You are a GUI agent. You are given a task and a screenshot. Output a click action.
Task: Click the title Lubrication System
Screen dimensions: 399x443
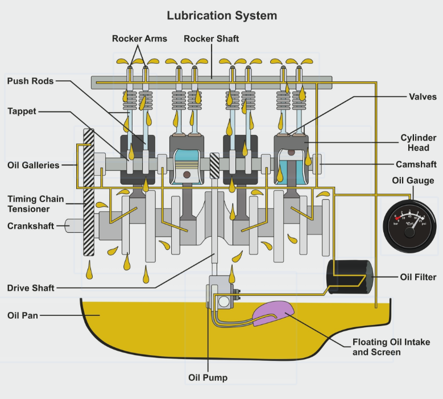tap(222, 15)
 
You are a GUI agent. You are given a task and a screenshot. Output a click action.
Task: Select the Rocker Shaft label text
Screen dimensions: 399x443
tap(212, 39)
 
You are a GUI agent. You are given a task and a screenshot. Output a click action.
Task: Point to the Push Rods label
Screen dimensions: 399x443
tap(30, 81)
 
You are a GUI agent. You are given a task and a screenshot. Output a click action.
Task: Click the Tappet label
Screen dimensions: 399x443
tap(22, 111)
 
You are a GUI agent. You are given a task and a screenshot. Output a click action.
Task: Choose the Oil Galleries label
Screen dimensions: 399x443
tap(33, 165)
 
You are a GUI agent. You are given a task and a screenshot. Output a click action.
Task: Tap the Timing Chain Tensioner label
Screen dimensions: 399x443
tap(35, 204)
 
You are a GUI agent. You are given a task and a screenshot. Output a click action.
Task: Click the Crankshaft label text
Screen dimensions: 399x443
tap(31, 226)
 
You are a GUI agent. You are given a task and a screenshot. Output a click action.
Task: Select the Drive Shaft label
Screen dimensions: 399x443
tap(31, 288)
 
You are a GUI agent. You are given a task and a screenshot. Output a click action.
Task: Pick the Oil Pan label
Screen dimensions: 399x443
tap(23, 315)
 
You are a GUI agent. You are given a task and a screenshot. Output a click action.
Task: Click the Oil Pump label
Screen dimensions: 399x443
tap(208, 377)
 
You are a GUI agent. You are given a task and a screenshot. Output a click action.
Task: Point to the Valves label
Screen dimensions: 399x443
tap(423, 96)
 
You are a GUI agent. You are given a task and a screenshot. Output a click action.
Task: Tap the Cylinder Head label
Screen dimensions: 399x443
tap(418, 142)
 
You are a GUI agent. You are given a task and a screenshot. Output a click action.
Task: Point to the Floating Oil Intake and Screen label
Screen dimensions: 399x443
tap(390, 347)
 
